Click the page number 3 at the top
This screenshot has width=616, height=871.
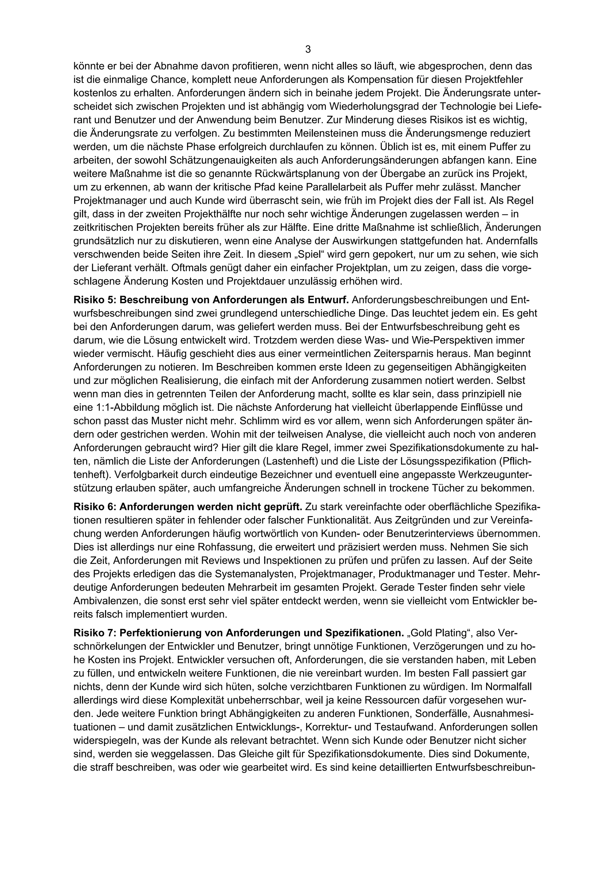pos(308,49)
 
